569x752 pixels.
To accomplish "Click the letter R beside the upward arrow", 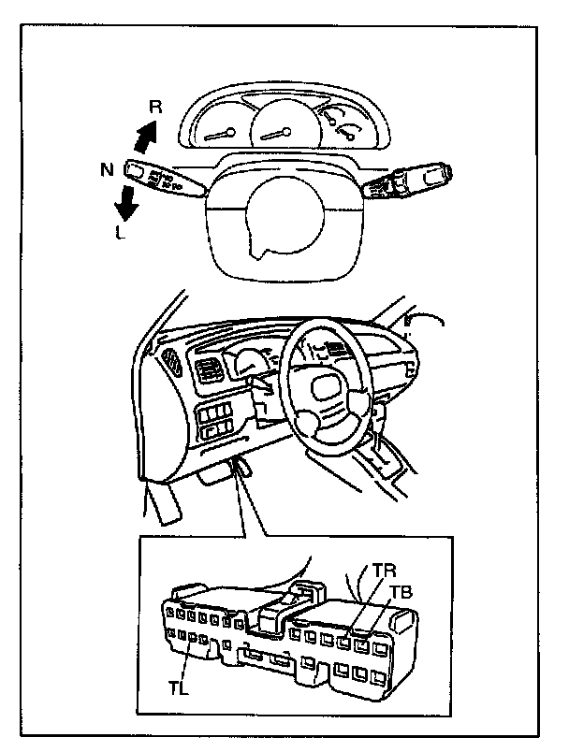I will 156,108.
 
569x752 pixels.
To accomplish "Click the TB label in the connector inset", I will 401,593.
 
